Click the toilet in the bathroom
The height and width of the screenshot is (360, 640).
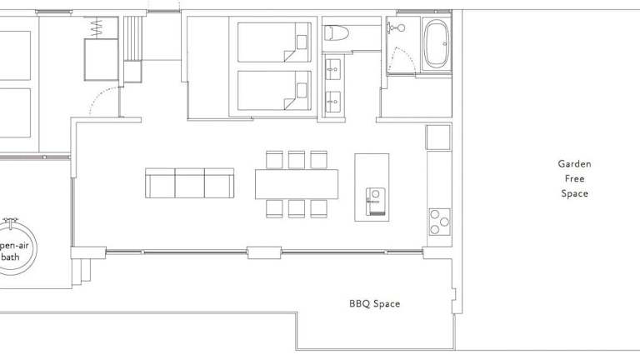[337, 33]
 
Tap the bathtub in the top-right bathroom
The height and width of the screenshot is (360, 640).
[436, 44]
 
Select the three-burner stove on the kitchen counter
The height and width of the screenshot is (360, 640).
[440, 222]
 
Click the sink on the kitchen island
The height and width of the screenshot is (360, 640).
[376, 201]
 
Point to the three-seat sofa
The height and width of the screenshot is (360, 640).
[190, 182]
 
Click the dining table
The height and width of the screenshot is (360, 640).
[297, 184]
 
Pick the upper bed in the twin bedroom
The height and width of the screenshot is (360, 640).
[274, 42]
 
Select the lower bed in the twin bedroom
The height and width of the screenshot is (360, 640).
[274, 91]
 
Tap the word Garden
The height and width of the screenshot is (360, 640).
[574, 164]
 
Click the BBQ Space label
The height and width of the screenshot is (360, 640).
[375, 303]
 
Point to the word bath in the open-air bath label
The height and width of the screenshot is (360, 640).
[11, 257]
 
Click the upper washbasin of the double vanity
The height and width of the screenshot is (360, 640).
[333, 69]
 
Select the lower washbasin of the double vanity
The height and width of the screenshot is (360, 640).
[333, 102]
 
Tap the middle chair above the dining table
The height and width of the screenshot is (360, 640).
[297, 160]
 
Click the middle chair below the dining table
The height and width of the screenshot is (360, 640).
[297, 208]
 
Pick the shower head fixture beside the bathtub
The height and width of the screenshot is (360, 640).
[397, 27]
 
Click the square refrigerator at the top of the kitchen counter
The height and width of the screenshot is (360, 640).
[438, 137]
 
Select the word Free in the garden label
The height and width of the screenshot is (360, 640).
[574, 179]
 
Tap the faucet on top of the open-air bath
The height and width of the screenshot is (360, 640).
[10, 223]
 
